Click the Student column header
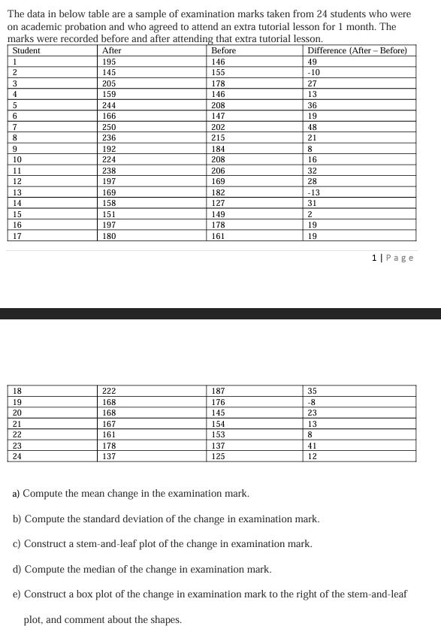click(26, 50)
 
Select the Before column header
click(223, 50)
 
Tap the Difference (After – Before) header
click(358, 50)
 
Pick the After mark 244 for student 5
click(110, 105)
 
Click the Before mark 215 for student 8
click(219, 138)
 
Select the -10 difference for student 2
click(315, 72)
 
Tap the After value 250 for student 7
click(110, 127)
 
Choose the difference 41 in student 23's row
click(313, 446)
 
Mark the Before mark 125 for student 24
click(219, 456)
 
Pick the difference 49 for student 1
click(313, 62)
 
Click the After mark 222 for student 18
click(110, 391)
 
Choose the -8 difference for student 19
click(313, 402)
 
